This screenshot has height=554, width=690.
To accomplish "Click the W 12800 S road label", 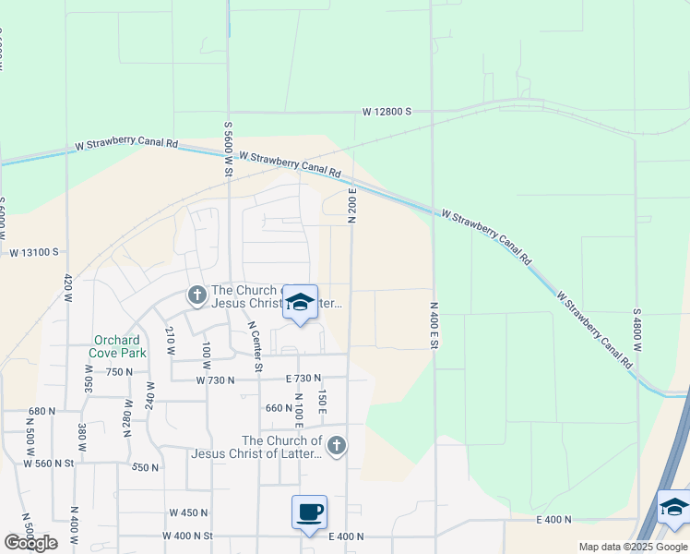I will [x=387, y=112].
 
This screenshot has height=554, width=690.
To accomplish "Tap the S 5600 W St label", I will [x=228, y=149].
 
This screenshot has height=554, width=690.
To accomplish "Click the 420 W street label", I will [x=67, y=287].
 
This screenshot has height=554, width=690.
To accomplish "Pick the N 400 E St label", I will [x=433, y=323].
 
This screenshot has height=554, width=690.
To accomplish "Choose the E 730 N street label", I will [x=303, y=379].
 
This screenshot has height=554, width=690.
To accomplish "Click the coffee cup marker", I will [x=309, y=511].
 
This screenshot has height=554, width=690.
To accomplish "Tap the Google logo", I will [x=31, y=543].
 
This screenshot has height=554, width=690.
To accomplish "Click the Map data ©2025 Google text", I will [x=633, y=547].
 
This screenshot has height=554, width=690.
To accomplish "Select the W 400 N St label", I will [x=190, y=536].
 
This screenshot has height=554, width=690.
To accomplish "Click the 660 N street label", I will [x=278, y=407].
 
